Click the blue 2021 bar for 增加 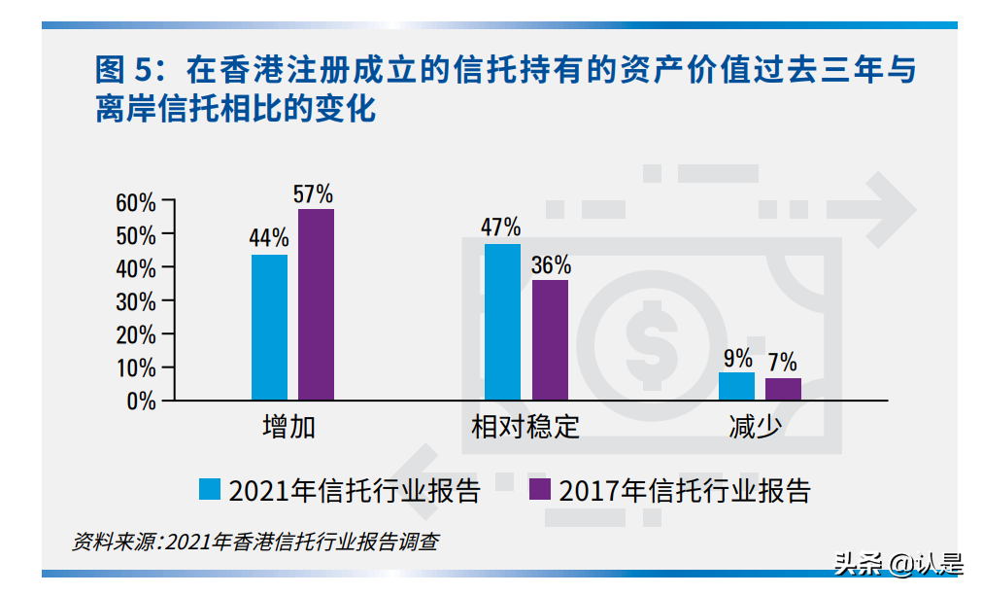pyautogui.click(x=269, y=327)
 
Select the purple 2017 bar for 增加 pyautogui.click(x=316, y=304)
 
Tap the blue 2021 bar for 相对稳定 pyautogui.click(x=502, y=322)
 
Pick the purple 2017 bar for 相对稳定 pyautogui.click(x=550, y=339)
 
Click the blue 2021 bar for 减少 pyautogui.click(x=736, y=386)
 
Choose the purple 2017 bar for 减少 pyautogui.click(x=783, y=389)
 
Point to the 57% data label pyautogui.click(x=314, y=193)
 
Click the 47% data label pyautogui.click(x=501, y=227)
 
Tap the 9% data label pyautogui.click(x=737, y=358)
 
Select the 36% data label pyautogui.click(x=551, y=264)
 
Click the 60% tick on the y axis pyautogui.click(x=136, y=202)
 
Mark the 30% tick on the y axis pyautogui.click(x=136, y=301)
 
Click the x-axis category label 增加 pyautogui.click(x=289, y=428)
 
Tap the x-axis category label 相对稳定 pyautogui.click(x=525, y=428)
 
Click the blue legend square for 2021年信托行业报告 pyautogui.click(x=210, y=489)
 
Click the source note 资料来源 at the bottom pyautogui.click(x=255, y=542)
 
